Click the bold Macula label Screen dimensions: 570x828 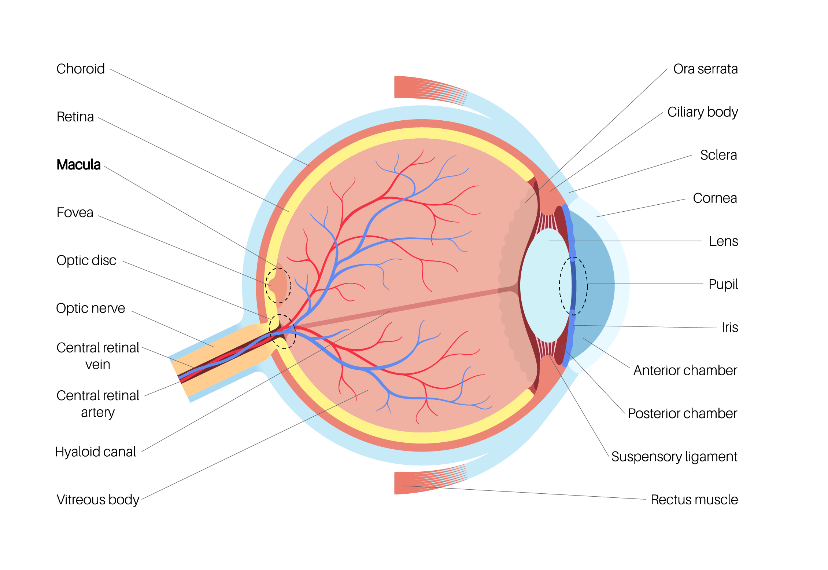[x=78, y=165]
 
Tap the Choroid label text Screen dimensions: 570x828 [x=81, y=69]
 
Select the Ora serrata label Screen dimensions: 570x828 [x=705, y=69]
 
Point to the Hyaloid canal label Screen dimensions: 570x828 [x=95, y=452]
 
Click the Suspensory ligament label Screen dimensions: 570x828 [x=674, y=457]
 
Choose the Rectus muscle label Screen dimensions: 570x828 [x=694, y=500]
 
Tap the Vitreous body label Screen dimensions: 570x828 [x=98, y=500]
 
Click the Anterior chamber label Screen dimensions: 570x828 [x=685, y=370]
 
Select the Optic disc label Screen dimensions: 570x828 [x=86, y=260]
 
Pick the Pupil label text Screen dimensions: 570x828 [x=723, y=284]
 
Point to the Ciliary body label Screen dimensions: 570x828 [x=702, y=112]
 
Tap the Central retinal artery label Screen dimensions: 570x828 [x=98, y=404]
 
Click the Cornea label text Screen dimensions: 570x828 [x=715, y=198]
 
